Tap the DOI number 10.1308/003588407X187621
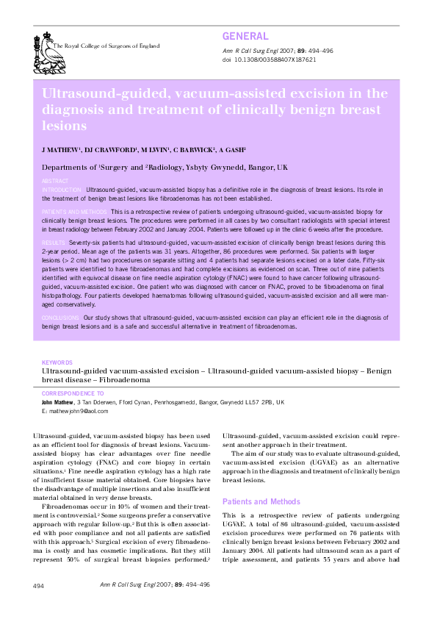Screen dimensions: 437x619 pos(275,60)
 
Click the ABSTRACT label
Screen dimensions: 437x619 pos(55,180)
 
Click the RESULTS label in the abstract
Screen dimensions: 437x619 pos(54,242)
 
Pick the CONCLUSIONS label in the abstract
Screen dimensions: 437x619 pos(61,317)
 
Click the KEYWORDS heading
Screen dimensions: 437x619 pos(57,362)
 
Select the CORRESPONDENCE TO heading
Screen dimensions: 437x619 pos(73,394)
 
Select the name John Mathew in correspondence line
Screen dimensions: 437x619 pos(57,404)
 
